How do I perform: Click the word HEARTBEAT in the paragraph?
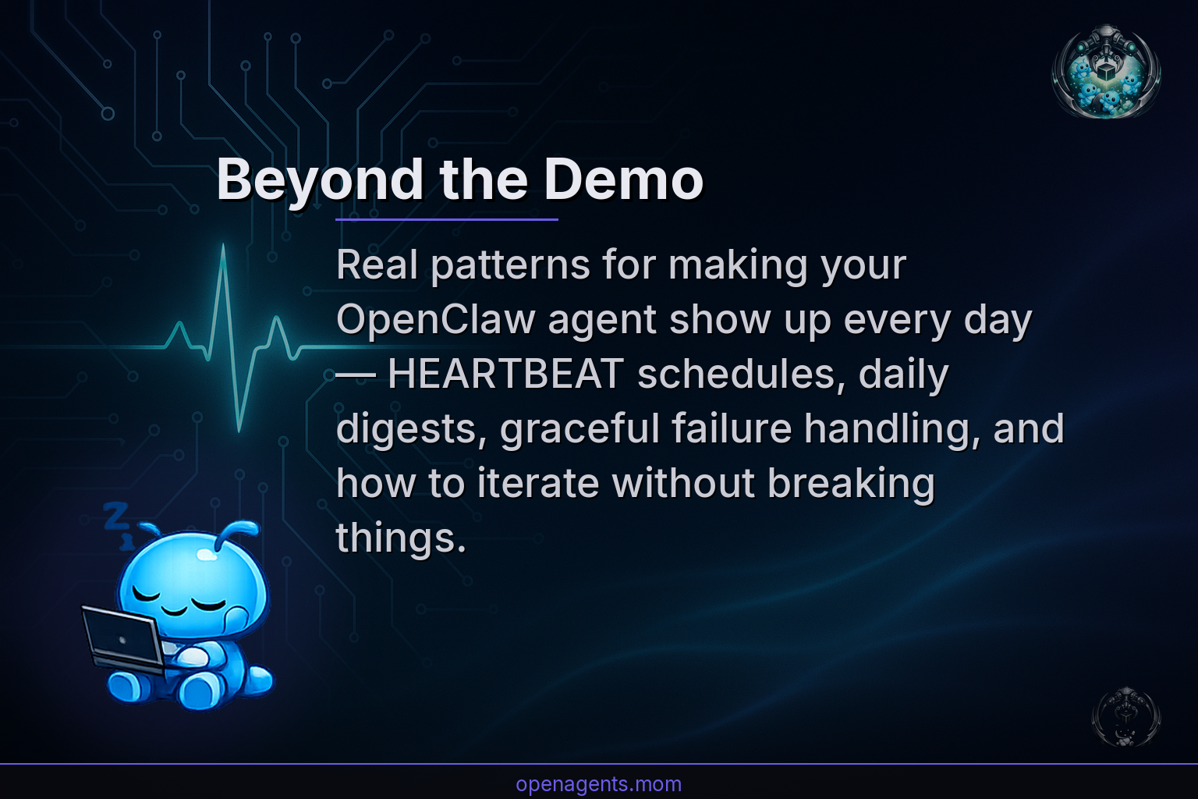pos(505,375)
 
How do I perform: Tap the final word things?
pos(400,538)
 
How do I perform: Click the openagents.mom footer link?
pos(598,783)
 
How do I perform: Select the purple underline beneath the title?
pos(446,220)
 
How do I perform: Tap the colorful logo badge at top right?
pos(1106,72)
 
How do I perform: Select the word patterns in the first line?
pos(510,265)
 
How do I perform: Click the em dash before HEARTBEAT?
pos(356,375)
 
